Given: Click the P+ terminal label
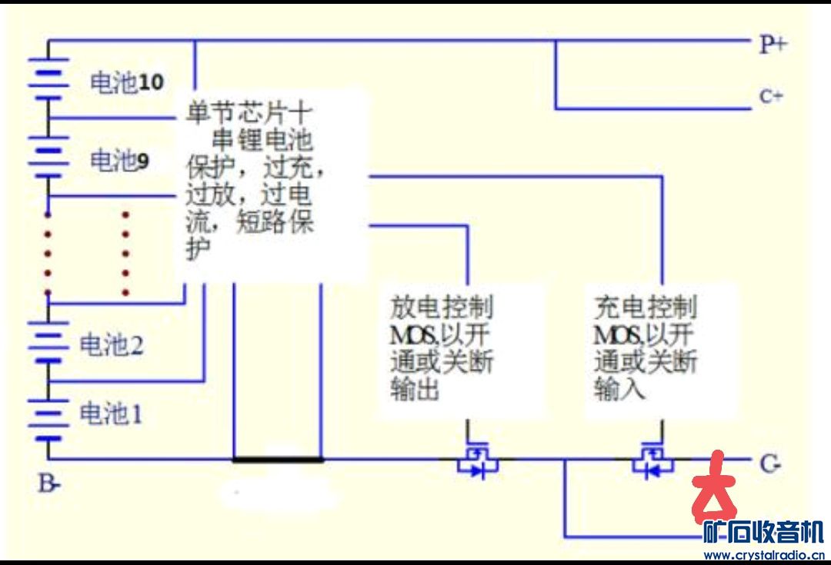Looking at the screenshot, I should [773, 44].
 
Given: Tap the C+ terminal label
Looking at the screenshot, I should [771, 97].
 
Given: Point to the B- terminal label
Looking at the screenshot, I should [50, 484].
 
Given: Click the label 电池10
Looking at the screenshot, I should [127, 82].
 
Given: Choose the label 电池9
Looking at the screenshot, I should [120, 161].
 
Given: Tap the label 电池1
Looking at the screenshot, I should [112, 415].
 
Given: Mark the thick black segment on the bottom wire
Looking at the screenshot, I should [278, 460].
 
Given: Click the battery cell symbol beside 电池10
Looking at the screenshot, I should [48, 77].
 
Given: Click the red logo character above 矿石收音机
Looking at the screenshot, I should [713, 488].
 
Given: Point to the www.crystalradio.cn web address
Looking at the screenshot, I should [764, 555].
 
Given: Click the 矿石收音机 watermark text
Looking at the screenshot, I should [764, 532].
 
